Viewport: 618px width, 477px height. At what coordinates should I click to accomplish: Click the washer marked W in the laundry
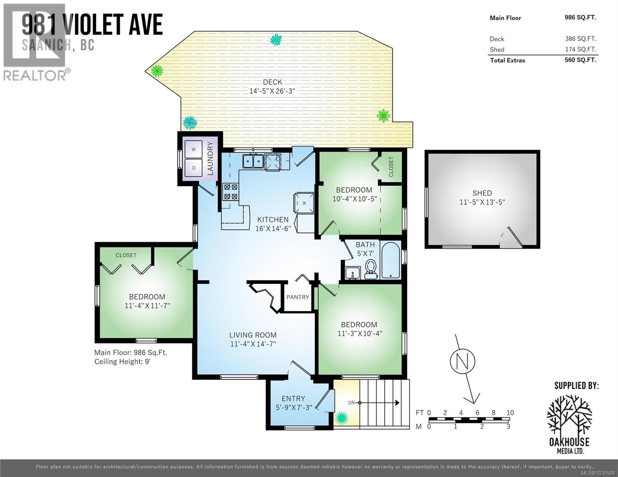coord(194,149)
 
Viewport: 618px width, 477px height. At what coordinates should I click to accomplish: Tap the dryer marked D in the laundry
coord(194,168)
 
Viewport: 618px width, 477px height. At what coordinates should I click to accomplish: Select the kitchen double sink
coord(253,161)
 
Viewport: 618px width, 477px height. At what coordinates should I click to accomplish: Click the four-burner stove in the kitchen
coord(230,191)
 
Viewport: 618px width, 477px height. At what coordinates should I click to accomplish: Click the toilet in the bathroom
coord(370,267)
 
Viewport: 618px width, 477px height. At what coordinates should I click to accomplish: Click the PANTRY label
coord(298,297)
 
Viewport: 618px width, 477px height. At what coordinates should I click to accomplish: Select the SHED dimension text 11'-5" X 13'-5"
coord(482,202)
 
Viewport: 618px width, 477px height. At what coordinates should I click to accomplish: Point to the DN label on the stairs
coord(351,403)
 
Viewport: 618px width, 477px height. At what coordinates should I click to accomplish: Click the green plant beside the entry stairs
coord(341,418)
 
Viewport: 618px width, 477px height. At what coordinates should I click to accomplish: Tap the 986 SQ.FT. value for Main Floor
coord(580,17)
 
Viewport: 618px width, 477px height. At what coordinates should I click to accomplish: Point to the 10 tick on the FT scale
coord(510,413)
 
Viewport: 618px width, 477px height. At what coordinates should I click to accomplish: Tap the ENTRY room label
coord(293,398)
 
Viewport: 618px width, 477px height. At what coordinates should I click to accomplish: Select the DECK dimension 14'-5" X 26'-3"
coord(272,91)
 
